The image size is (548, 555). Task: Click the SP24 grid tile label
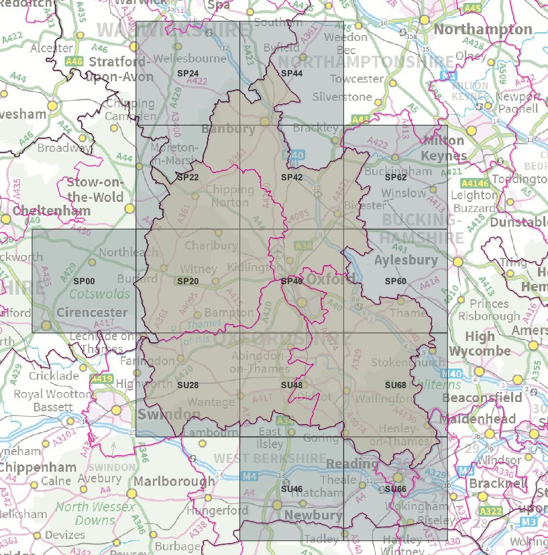click(x=188, y=73)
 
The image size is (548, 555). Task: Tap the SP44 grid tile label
click(x=292, y=73)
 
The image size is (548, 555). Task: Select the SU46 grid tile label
click(x=292, y=489)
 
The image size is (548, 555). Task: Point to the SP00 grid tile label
click(x=84, y=281)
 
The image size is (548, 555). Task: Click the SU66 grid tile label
click(x=396, y=489)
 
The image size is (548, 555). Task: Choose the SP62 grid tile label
click(x=396, y=177)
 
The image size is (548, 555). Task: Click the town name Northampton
click(x=483, y=30)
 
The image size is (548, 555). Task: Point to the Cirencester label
click(x=92, y=312)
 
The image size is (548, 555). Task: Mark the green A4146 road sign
click(x=474, y=183)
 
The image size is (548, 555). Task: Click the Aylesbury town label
click(x=406, y=260)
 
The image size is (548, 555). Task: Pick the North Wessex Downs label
click(x=95, y=513)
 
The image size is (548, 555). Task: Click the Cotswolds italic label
click(x=99, y=294)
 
